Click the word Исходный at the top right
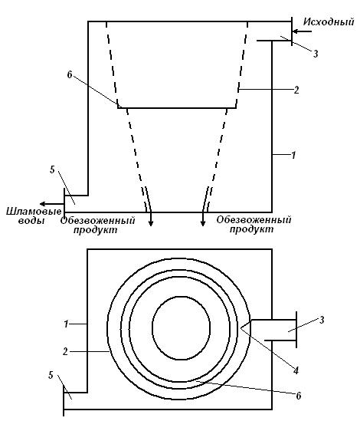[329, 21]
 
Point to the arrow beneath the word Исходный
[302, 31]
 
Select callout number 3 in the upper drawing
[316, 54]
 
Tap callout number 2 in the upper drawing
[296, 90]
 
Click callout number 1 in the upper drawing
[293, 155]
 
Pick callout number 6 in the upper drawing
[70, 75]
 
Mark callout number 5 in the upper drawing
[52, 169]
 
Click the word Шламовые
[34, 212]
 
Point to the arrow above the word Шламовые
[52, 204]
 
